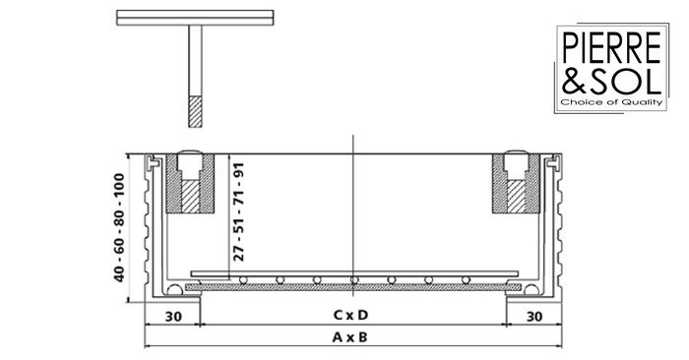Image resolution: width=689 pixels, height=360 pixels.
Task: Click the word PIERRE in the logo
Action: click(611, 47)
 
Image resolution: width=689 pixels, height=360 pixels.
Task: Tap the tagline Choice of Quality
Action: click(611, 102)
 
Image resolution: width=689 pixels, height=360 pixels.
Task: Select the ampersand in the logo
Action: click(574, 80)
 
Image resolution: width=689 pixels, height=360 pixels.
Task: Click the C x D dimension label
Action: click(350, 315)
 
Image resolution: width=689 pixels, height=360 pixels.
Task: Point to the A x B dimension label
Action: click(349, 337)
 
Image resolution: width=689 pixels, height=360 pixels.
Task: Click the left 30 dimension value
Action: click(173, 317)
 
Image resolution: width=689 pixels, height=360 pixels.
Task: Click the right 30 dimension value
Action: click(534, 317)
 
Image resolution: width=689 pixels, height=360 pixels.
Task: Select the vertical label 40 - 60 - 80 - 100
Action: click(119, 227)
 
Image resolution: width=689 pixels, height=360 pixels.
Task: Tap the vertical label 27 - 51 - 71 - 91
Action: click(238, 212)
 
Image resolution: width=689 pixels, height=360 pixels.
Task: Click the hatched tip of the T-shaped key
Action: click(196, 111)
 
